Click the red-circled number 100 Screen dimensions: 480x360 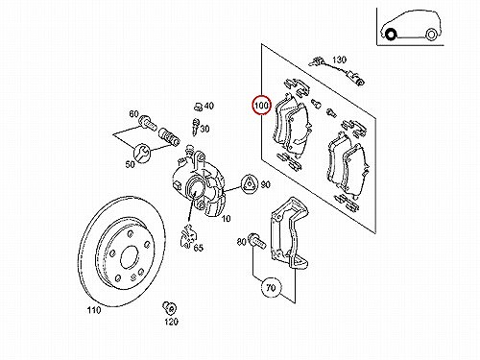tap(261, 105)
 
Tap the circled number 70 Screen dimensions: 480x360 tap(271, 287)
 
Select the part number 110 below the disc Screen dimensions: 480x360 tap(94, 310)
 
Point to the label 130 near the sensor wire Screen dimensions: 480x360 tap(339, 60)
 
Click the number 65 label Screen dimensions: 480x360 tap(199, 248)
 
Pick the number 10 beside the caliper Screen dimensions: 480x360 tap(226, 219)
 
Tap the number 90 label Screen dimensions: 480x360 tap(265, 184)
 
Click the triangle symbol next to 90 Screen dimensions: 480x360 tap(249, 184)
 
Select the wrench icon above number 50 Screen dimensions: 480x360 tap(141, 152)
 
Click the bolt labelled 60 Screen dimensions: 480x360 tap(148, 123)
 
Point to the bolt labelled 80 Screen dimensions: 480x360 tap(256, 241)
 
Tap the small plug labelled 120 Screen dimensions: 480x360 tap(169, 308)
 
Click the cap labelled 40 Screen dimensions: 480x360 tap(198, 107)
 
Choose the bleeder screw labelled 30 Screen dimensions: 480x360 tap(195, 126)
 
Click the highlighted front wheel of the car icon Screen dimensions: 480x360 tap(390, 34)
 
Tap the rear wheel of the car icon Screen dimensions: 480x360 tap(431, 35)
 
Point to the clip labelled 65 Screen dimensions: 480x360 tap(187, 236)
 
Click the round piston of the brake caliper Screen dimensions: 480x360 tap(194, 188)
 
